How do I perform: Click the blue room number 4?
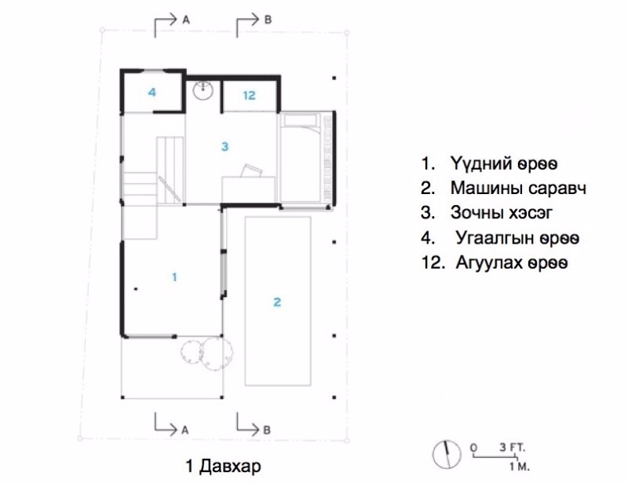pyautogui.click(x=152, y=92)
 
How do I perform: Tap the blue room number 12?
pyautogui.click(x=249, y=95)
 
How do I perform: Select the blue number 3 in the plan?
pyautogui.click(x=225, y=146)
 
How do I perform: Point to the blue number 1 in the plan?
pyautogui.click(x=174, y=277)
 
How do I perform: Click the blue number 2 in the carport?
pyautogui.click(x=277, y=302)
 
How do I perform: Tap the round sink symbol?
pyautogui.click(x=203, y=90)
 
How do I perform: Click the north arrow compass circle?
pyautogui.click(x=447, y=455)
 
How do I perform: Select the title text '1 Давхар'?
pyautogui.click(x=223, y=466)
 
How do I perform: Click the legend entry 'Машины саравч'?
pyautogui.click(x=519, y=188)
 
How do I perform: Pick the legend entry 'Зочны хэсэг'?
pyautogui.click(x=502, y=212)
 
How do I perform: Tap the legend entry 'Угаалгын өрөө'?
pyautogui.click(x=517, y=238)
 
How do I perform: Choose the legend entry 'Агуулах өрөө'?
pyautogui.click(x=512, y=263)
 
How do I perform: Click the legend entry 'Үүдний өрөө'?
pyautogui.click(x=504, y=163)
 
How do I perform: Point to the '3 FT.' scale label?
pyautogui.click(x=513, y=447)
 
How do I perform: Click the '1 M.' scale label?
pyautogui.click(x=520, y=467)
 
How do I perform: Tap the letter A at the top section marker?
pyautogui.click(x=186, y=20)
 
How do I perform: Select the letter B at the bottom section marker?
pyautogui.click(x=267, y=431)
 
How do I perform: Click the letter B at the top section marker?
pyautogui.click(x=268, y=20)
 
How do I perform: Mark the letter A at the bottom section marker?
pyautogui.click(x=184, y=431)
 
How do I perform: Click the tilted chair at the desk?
pyautogui.click(x=251, y=170)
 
